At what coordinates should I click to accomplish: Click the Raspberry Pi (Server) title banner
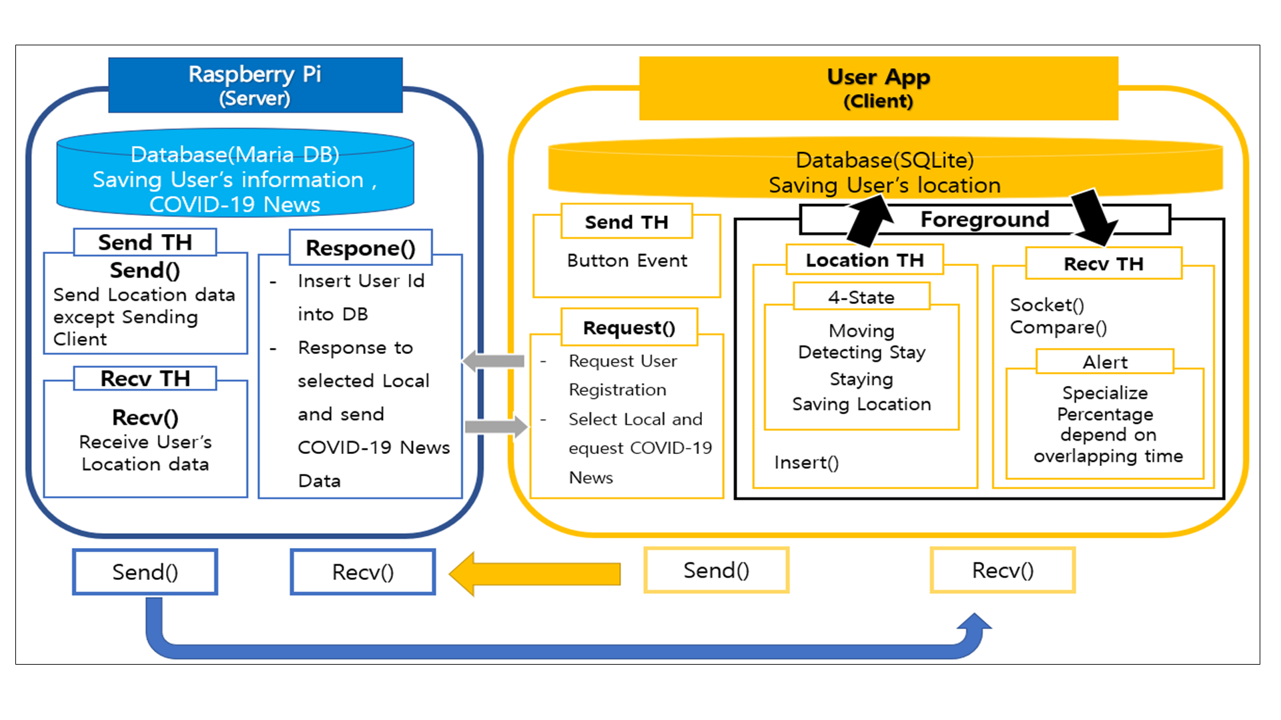tap(255, 85)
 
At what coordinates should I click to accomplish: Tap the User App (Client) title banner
tap(878, 88)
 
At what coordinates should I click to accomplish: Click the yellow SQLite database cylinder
tap(885, 168)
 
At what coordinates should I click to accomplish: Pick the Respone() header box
tap(360, 248)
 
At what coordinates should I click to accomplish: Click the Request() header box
tap(628, 327)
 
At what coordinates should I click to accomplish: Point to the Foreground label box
tap(985, 219)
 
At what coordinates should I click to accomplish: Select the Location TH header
tap(865, 260)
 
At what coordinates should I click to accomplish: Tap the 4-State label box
tap(861, 297)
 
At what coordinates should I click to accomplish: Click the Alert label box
tap(1105, 362)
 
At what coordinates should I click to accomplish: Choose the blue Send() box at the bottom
tap(145, 572)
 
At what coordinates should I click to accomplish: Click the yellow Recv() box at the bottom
tap(1002, 571)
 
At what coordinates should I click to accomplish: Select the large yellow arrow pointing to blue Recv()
tap(534, 573)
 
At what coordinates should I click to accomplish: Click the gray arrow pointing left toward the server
tap(494, 361)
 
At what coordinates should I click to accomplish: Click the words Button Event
tap(626, 261)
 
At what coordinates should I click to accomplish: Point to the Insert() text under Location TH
tap(806, 463)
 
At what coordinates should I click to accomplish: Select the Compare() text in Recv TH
tap(1058, 327)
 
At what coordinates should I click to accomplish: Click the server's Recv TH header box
tap(145, 379)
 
